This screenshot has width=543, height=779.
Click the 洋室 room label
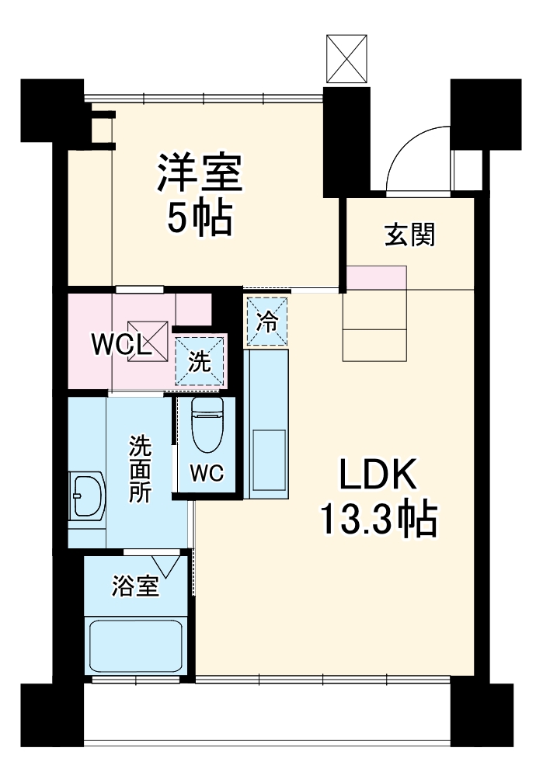200,174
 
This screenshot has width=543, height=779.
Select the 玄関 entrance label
409,235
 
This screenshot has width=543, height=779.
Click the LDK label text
378,475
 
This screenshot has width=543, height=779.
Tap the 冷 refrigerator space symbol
267,322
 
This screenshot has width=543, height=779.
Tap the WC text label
207,472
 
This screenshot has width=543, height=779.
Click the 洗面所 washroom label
140,469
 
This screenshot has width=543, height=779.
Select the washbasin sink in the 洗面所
87,496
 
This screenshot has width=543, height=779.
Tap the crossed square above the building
346,58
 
